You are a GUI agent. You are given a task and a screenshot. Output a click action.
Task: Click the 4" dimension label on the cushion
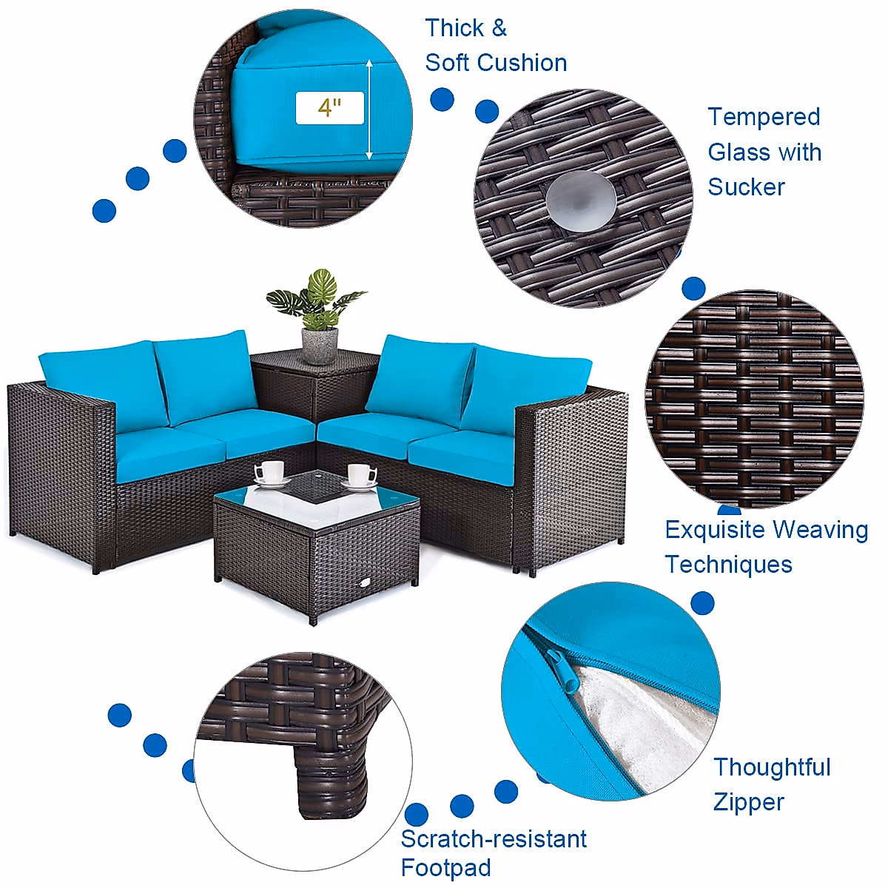329,108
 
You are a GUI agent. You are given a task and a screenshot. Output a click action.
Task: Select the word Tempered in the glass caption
764,117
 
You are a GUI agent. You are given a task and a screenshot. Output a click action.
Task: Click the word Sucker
746,186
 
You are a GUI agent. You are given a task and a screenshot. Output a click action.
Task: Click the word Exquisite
715,530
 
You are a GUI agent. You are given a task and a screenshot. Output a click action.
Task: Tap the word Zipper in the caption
748,802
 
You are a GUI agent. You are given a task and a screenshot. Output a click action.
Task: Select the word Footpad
445,867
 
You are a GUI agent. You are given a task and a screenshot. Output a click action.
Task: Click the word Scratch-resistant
494,839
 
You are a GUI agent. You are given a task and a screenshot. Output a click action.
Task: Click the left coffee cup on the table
271,472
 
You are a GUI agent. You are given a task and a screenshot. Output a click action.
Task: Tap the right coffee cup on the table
360,475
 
